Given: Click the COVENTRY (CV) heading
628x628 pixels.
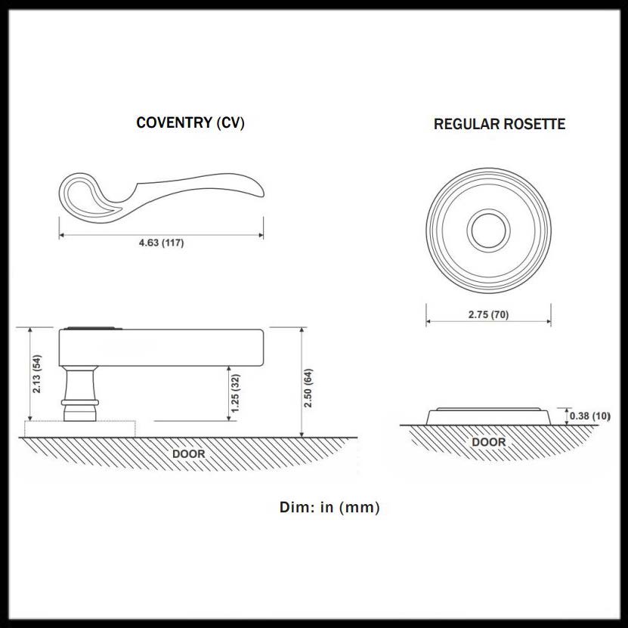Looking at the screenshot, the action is (190, 122).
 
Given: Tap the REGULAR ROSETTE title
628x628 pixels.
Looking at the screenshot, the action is (500, 124).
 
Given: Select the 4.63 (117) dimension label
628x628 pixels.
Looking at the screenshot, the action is (162, 243).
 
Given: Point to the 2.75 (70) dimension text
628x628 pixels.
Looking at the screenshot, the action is (489, 314).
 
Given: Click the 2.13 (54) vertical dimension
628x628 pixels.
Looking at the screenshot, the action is (37, 373).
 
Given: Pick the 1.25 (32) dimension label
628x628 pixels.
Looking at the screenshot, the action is (235, 393).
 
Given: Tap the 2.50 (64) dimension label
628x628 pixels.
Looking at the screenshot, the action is (308, 388).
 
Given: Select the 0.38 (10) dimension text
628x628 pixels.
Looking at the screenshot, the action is (590, 416).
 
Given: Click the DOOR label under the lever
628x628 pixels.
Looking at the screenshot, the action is (189, 453).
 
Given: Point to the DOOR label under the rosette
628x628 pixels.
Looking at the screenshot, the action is (489, 442).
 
